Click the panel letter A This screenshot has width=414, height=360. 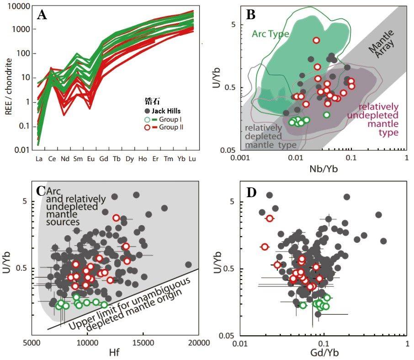(x=42, y=15)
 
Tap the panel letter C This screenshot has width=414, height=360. (x=41, y=190)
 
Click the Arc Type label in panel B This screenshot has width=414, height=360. (x=269, y=33)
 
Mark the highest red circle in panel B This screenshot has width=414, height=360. (x=316, y=40)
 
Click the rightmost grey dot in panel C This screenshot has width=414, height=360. (x=189, y=264)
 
